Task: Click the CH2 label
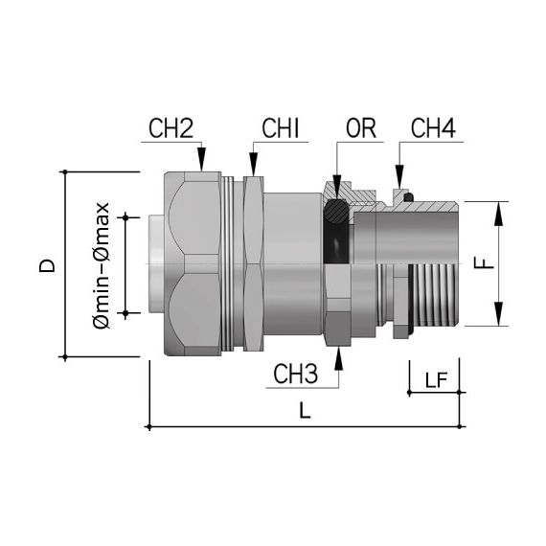pyautogui.click(x=173, y=127)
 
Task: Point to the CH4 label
pyautogui.click(x=432, y=127)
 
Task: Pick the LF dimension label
pyautogui.click(x=435, y=380)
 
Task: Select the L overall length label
pyautogui.click(x=305, y=411)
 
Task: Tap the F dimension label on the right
pyautogui.click(x=486, y=263)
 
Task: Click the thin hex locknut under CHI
pyautogui.click(x=254, y=264)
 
